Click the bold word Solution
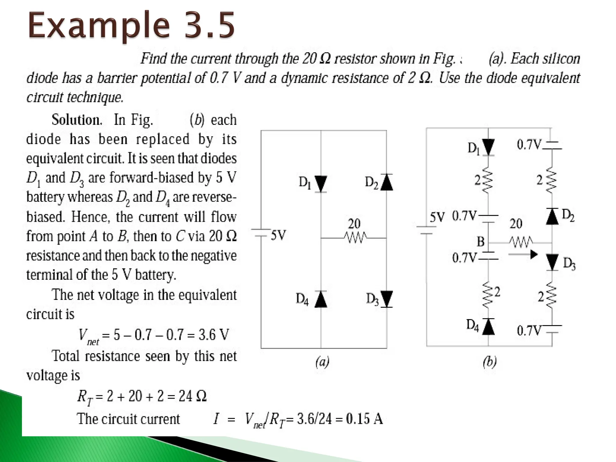pos(77,120)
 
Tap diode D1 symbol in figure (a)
pos(321,183)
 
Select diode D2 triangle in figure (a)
pos(387,182)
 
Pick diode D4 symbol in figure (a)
pos(321,299)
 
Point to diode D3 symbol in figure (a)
pos(387,299)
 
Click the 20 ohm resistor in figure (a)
pos(355,238)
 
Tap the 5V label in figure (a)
pos(279,235)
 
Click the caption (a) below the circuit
pos(322,362)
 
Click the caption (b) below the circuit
pos(489,362)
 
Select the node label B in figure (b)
pos(481,242)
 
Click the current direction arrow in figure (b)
pos(523,254)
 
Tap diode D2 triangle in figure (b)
pos(552,216)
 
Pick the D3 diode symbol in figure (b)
pos(552,262)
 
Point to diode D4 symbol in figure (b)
pos(488,327)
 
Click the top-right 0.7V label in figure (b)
pos(529,145)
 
